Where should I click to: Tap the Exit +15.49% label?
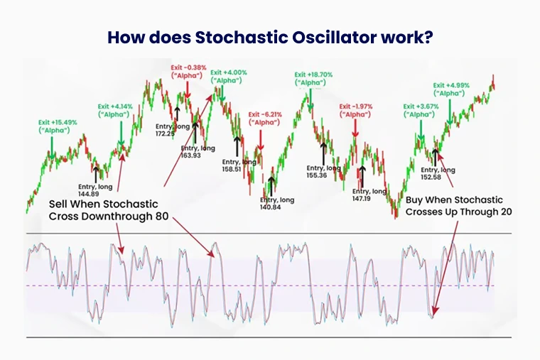[x=58, y=122]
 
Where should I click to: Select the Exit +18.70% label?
[x=313, y=75]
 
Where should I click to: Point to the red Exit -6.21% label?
[x=265, y=114]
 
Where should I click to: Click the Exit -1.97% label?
[x=356, y=107]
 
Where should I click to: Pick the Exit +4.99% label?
[x=451, y=85]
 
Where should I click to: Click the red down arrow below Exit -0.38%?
[x=188, y=89]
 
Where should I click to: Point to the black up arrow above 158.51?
[x=237, y=146]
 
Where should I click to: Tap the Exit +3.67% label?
[x=421, y=107]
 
